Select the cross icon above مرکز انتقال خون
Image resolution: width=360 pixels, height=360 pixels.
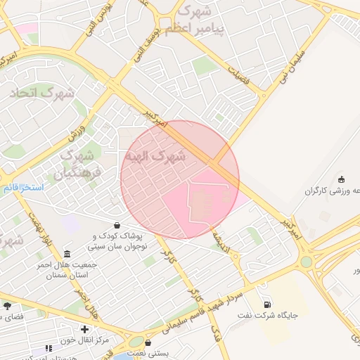tap(84, 329)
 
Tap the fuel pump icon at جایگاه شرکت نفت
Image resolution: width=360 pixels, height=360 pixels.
tap(267, 304)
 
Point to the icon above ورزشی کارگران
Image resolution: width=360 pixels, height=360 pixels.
tap(342, 179)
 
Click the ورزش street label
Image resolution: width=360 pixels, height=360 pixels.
tap(77, 130)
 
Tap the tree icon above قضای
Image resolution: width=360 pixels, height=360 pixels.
tap(8, 307)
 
